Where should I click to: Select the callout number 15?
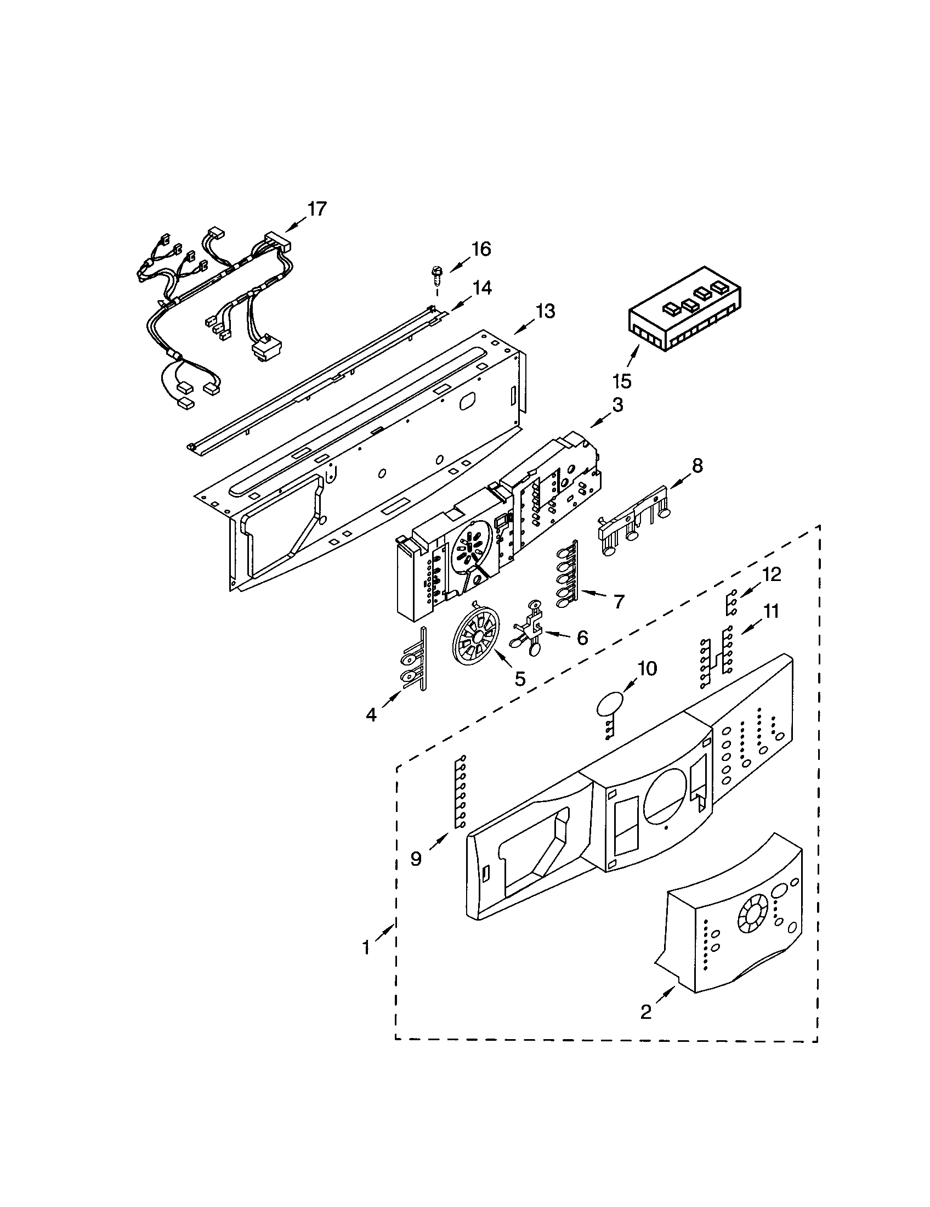[622, 381]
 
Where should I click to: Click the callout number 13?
[546, 312]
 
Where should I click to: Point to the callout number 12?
[772, 575]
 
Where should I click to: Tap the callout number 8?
[697, 466]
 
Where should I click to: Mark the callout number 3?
[618, 405]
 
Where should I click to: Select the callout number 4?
[371, 714]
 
